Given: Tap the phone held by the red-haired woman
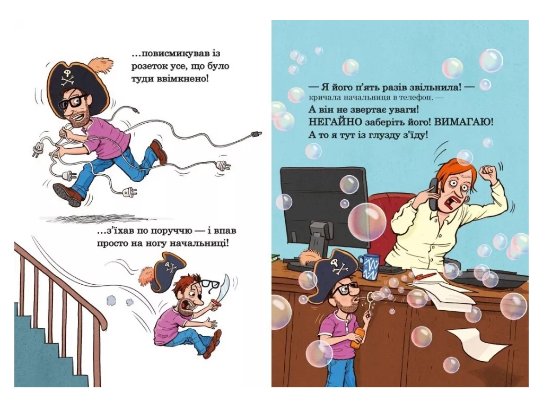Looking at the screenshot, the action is tap(433, 194).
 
